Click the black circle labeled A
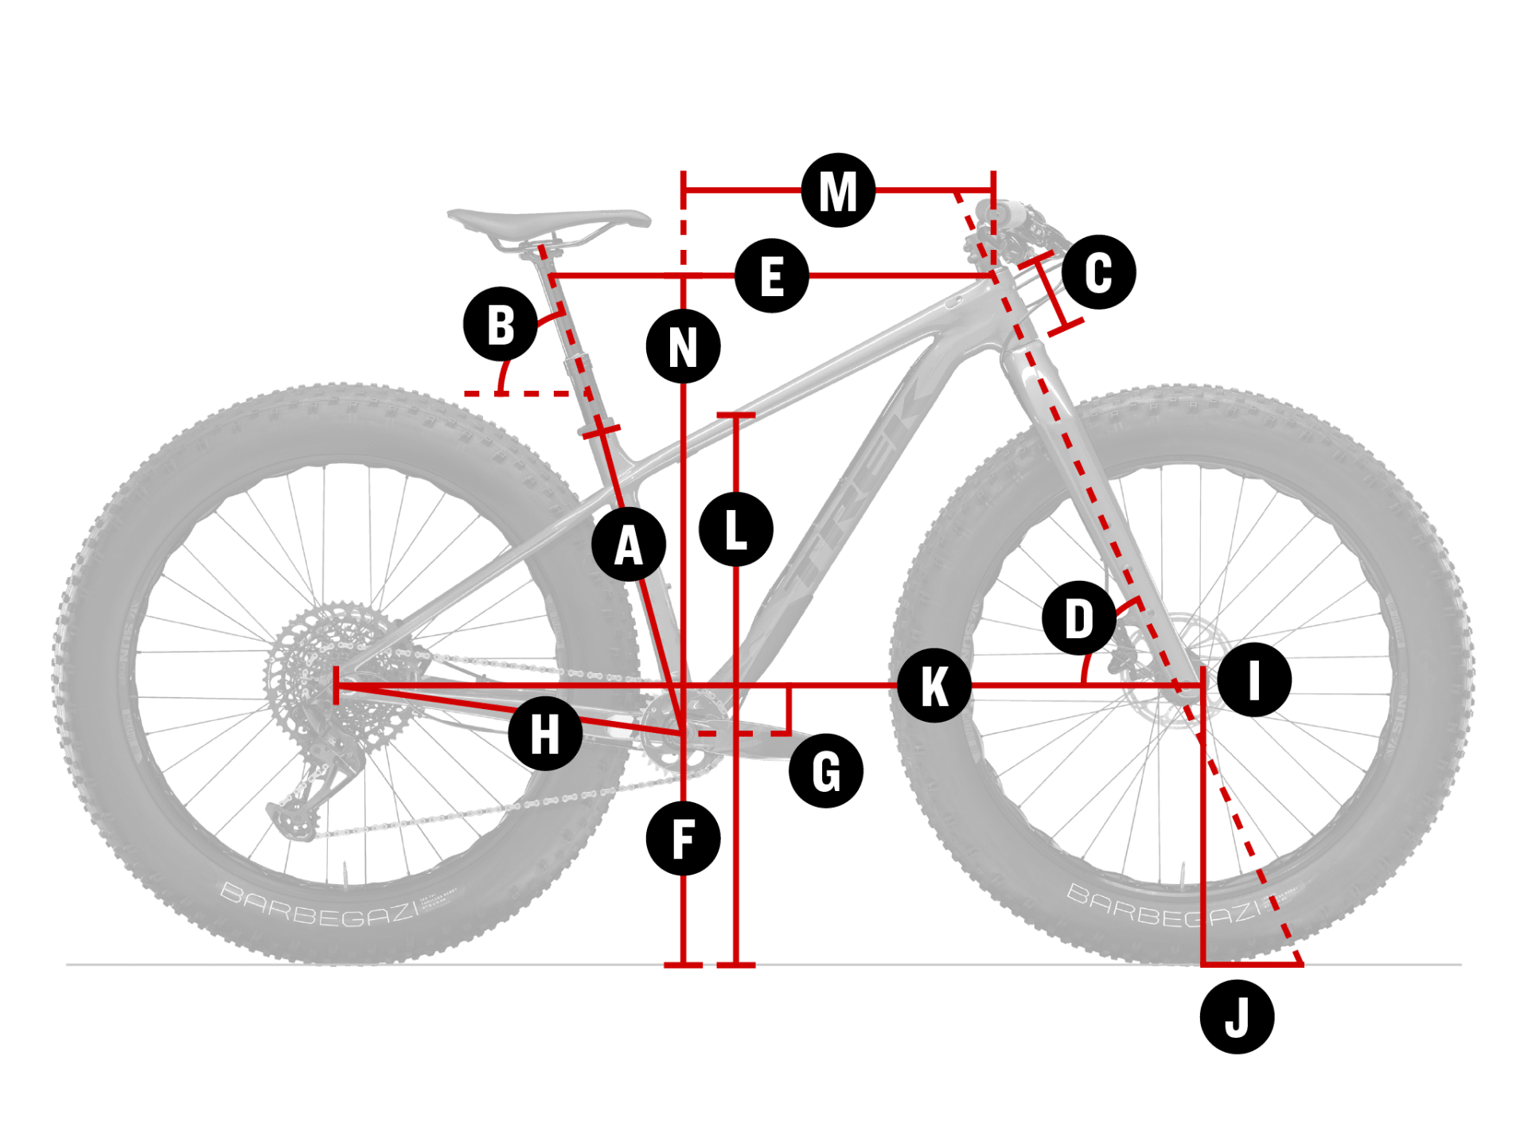pyautogui.click(x=629, y=545)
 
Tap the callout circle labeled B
pyautogui.click(x=501, y=324)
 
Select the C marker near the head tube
pyautogui.click(x=1098, y=272)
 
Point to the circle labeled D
pyautogui.click(x=1079, y=618)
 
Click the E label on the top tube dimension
pyautogui.click(x=771, y=275)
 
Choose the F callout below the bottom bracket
pyautogui.click(x=683, y=838)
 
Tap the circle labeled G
pyautogui.click(x=826, y=770)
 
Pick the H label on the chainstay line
pyautogui.click(x=545, y=733)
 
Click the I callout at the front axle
pyautogui.click(x=1254, y=680)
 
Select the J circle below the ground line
pyautogui.click(x=1237, y=1017)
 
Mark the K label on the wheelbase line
pyautogui.click(x=934, y=685)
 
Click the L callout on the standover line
pyautogui.click(x=736, y=529)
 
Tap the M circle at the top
pyautogui.click(x=838, y=191)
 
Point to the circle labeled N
pyautogui.click(x=683, y=346)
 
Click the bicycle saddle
pyautogui.click(x=549, y=220)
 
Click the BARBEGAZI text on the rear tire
pyautogui.click(x=318, y=907)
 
